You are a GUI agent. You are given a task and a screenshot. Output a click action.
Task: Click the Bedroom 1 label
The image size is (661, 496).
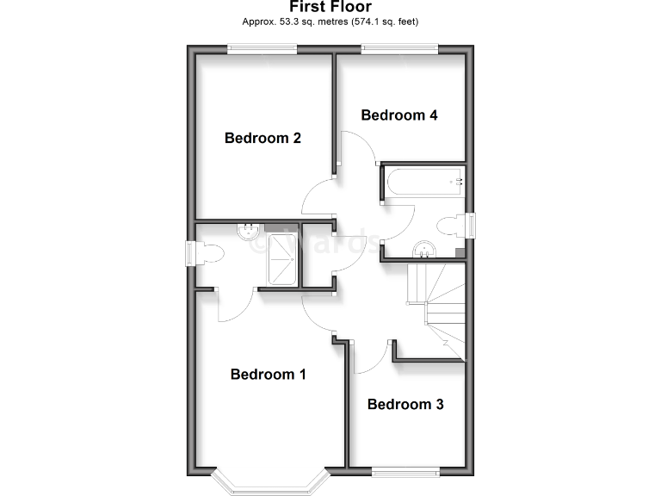click(268, 375)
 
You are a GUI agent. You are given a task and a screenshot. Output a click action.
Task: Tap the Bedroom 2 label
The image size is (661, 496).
click(263, 138)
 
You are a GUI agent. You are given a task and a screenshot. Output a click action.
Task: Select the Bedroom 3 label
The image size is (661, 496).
click(405, 404)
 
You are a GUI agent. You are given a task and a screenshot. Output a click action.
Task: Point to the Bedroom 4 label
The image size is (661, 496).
click(399, 115)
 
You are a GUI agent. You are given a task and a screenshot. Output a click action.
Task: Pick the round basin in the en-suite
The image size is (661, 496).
click(249, 230)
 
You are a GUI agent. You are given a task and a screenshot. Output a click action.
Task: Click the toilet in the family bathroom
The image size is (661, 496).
click(449, 226)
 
